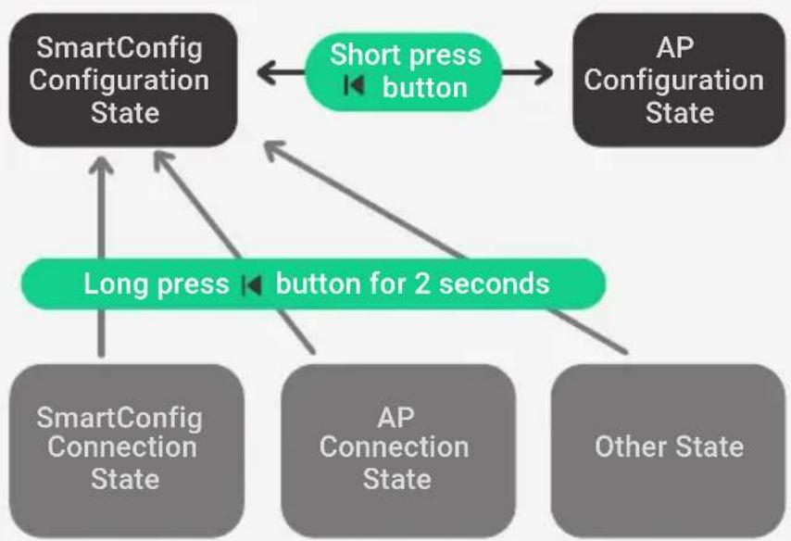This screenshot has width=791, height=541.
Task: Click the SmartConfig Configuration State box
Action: click(x=123, y=81)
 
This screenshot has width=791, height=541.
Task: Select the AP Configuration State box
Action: click(x=679, y=81)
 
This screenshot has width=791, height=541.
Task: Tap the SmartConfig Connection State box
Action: click(x=127, y=450)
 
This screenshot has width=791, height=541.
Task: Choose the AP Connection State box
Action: click(x=398, y=450)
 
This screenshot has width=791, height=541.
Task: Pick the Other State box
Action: click(x=669, y=450)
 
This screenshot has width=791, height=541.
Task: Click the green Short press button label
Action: click(x=404, y=72)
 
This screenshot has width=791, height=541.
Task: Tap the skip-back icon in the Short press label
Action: click(x=354, y=85)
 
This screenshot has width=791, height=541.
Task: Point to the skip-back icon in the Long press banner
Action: click(x=252, y=285)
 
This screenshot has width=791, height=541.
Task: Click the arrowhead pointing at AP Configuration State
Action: click(x=543, y=72)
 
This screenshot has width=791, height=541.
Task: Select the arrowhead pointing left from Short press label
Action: click(x=268, y=72)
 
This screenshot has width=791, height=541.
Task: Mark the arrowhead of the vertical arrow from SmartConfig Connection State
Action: click(x=101, y=166)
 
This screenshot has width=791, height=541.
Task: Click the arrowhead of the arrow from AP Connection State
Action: click(x=162, y=161)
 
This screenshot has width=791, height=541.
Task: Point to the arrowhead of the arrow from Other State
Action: click(x=274, y=150)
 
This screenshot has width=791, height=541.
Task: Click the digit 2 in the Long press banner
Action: click(x=421, y=284)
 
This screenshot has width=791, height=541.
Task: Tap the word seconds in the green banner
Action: click(x=494, y=284)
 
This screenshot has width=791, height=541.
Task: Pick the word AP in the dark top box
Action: click(x=675, y=48)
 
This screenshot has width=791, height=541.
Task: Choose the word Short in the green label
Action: click(x=363, y=55)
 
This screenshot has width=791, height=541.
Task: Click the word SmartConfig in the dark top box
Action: click(x=119, y=49)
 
